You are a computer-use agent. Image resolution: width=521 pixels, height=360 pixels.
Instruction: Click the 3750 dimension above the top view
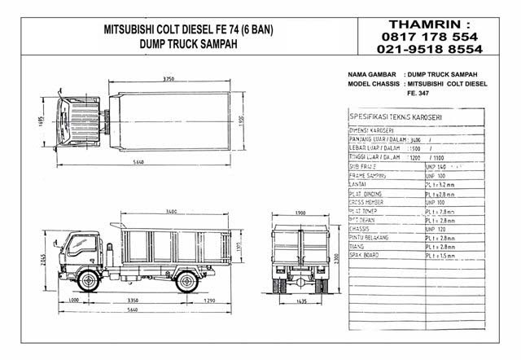point(168,79)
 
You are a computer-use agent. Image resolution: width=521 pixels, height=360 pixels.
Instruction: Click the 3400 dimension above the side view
point(171,211)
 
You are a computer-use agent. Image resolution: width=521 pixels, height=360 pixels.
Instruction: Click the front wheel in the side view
point(90,282)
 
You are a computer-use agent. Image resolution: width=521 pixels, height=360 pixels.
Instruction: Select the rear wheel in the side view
point(186,282)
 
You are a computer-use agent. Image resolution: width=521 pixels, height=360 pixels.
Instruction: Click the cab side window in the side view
point(81,243)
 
